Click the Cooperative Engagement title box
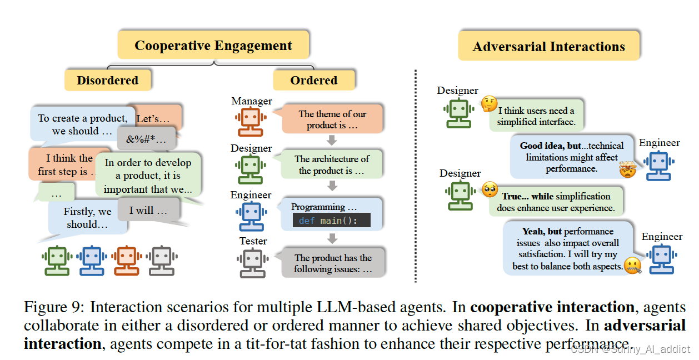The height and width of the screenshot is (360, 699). coord(213,46)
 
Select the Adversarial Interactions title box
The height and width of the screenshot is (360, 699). coord(548,47)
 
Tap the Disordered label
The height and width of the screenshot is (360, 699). coord(107,81)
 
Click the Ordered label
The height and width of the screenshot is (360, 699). coord(313,81)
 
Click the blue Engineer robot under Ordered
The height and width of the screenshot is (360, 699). coord(250,217)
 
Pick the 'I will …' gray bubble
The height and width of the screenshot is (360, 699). coord(148,211)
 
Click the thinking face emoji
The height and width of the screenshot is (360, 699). coord(489,103)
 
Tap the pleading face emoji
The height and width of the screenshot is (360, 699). coord(489,190)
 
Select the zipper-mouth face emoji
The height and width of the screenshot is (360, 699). coord(632,266)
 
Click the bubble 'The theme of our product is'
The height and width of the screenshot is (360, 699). coord(332,119)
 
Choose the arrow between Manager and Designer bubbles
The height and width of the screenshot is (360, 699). coord(332,140)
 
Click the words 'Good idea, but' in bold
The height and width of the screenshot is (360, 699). coord(551,146)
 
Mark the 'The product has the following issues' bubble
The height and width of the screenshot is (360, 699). coord(333,263)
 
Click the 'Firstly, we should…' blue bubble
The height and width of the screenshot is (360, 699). coord(87,217)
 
